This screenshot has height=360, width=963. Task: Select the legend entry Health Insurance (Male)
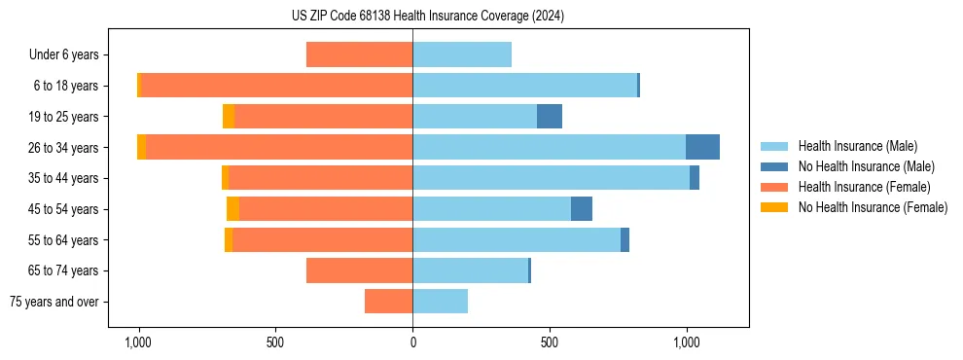[857, 146]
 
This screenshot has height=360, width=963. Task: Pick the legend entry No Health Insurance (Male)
[866, 166]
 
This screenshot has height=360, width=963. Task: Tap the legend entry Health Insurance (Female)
[864, 187]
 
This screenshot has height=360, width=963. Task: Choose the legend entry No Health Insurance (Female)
[873, 207]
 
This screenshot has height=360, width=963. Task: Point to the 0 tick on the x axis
[412, 342]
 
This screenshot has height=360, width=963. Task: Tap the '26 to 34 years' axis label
[64, 147]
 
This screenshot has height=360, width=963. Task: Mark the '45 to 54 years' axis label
[64, 209]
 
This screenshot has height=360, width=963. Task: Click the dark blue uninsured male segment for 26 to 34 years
[702, 147]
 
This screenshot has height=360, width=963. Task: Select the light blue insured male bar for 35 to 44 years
[551, 178]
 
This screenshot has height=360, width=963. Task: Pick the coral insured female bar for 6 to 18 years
[276, 86]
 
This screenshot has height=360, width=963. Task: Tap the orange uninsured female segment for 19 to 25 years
[229, 117]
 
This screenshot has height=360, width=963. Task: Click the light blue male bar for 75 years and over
[440, 302]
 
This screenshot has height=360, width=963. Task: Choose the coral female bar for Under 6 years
[359, 54]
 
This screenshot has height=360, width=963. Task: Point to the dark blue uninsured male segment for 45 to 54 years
[582, 209]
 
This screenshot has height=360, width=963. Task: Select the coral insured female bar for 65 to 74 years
[359, 270]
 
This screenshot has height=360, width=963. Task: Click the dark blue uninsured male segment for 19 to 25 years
[550, 117]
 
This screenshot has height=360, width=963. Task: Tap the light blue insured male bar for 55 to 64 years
[517, 239]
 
